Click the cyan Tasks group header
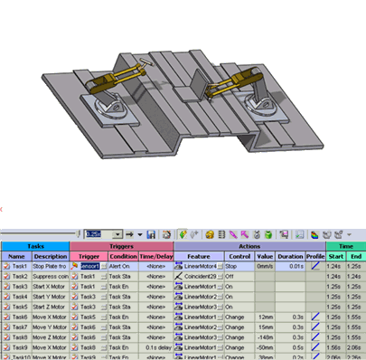point(34,245)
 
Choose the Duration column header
point(290,256)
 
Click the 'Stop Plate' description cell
point(51,267)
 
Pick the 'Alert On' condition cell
point(122,267)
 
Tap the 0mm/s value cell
point(264,267)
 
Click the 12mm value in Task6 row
point(263,317)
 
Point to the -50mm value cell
point(263,347)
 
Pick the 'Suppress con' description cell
point(51,277)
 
